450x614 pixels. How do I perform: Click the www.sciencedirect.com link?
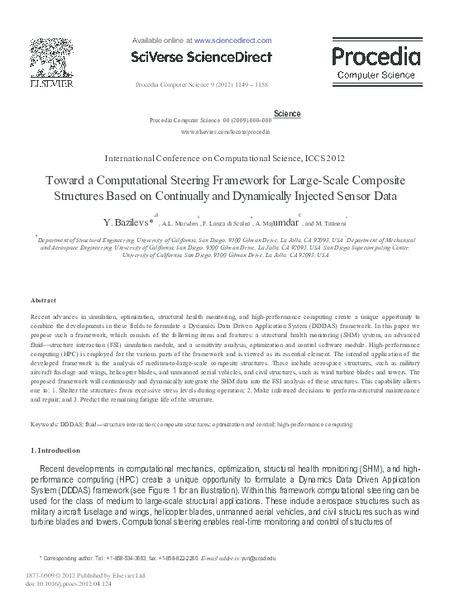[232, 39]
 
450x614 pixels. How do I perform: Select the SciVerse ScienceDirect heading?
[202, 56]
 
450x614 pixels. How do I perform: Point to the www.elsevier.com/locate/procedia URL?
[224, 131]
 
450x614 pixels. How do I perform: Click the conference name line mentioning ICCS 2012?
[224, 157]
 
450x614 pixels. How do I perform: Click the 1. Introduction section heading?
[55, 450]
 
